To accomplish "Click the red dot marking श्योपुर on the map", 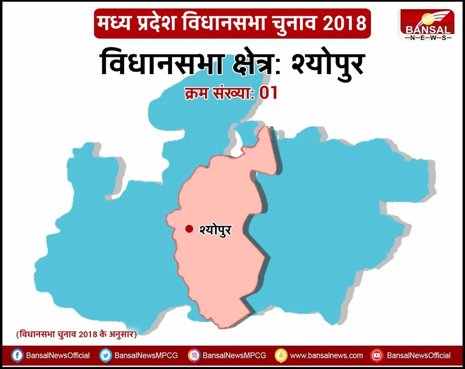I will pos(189,229).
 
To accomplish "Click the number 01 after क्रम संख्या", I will pos(268,93).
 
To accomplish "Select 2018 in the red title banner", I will pos(344,24).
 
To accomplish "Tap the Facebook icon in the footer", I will pos(17,356).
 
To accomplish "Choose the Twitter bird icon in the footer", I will pos(105,356).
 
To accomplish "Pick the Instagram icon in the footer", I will pos(194,356).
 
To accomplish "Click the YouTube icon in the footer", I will pos(377,356).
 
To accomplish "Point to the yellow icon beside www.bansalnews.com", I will pos(281,356).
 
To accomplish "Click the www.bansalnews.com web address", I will pos(326,356).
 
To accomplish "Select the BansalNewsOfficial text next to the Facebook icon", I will pos(58,356).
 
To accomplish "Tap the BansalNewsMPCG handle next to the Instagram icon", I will pos(234,356).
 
